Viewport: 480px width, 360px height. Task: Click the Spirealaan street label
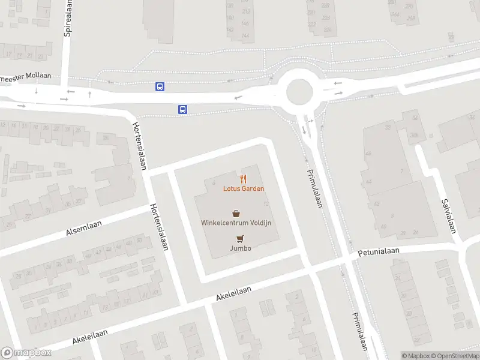(67, 17)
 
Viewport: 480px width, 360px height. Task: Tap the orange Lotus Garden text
(244, 188)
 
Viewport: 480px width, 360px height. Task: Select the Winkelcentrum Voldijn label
(236, 223)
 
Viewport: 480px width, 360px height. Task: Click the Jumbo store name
(240, 248)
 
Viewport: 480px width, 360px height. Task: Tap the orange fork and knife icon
(243, 178)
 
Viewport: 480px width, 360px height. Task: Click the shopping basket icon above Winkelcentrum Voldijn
(236, 213)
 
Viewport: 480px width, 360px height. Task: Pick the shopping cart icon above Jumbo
(241, 238)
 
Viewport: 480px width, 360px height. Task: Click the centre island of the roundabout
(300, 92)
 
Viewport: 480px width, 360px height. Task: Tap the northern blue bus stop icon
(160, 86)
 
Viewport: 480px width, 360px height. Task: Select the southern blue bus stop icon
(182, 109)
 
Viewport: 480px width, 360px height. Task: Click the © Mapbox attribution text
(415, 356)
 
